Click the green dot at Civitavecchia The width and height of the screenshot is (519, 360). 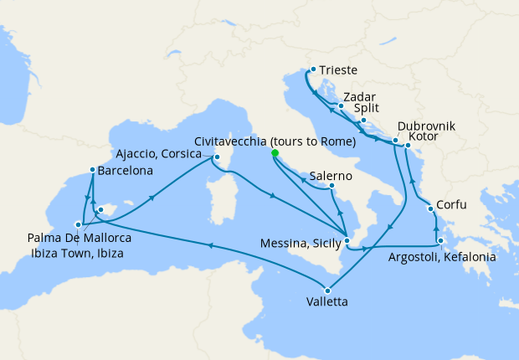[x=275, y=153]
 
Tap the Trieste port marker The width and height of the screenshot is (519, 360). [x=312, y=69]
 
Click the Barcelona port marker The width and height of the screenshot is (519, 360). [x=92, y=171]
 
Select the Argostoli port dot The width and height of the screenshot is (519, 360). [x=440, y=241]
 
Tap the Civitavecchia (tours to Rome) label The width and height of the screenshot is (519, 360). [x=275, y=141]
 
